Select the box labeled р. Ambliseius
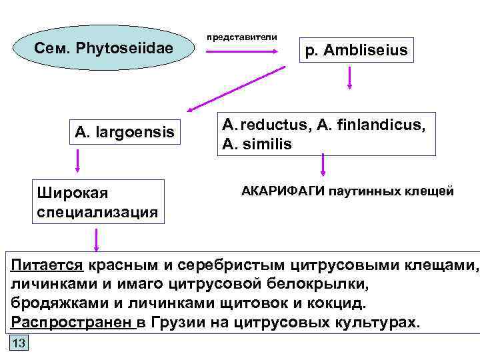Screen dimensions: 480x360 tap(356, 50)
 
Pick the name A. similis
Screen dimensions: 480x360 tap(257, 144)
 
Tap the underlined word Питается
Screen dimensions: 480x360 tap(47, 266)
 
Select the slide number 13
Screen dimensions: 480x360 tap(18, 343)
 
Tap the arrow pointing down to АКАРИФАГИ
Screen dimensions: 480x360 tap(323, 165)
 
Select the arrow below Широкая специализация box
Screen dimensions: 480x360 tap(97, 239)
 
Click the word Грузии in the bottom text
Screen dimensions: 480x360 tap(181, 323)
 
